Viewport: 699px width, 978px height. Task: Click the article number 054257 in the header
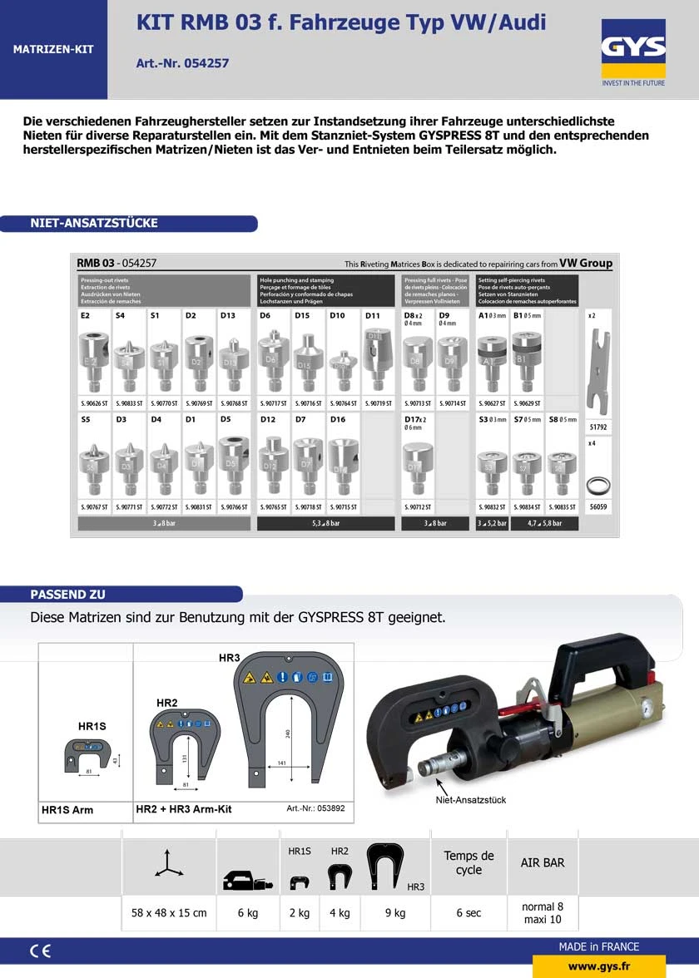coord(182,63)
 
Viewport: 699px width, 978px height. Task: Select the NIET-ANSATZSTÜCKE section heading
coord(94,223)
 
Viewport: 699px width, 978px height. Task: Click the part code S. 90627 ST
coord(491,403)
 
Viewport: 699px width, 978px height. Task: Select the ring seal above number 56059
coord(598,484)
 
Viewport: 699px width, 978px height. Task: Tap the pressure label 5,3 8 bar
coord(326,523)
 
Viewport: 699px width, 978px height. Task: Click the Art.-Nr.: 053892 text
coord(315,808)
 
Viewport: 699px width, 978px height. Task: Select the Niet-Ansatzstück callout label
coord(470,800)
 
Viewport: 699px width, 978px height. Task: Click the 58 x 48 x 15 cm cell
coord(169,912)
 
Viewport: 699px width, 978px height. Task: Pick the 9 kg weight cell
coord(395,912)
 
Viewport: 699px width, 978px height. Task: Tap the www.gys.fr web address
coord(598,966)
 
